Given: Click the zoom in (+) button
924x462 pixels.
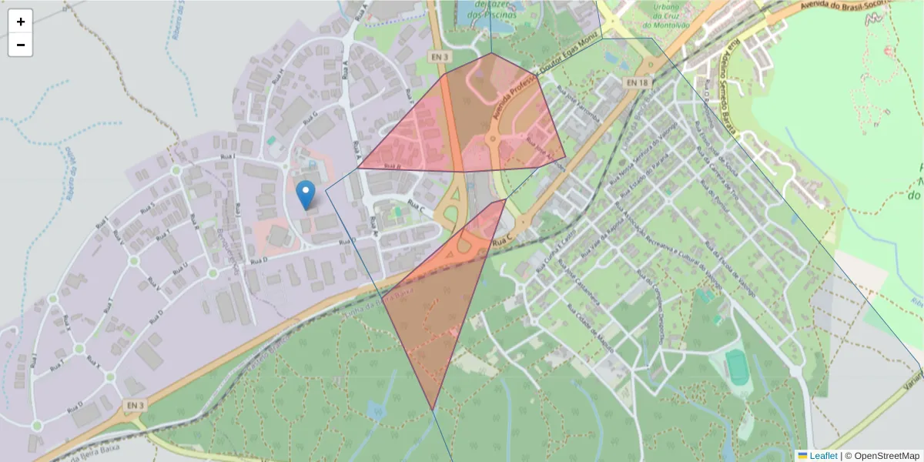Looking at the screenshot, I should click(20, 22).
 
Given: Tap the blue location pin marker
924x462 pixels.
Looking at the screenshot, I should click(306, 195).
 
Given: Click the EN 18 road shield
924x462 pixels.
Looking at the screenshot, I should click(637, 82).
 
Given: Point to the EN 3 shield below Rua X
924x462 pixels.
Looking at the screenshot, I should click(132, 405).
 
